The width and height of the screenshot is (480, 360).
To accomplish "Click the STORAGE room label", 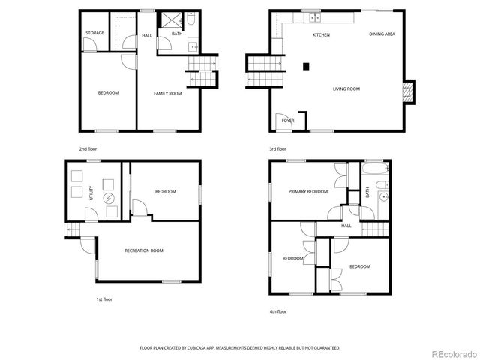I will pos(94,33).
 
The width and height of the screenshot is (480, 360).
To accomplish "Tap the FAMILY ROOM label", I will pos(168,93).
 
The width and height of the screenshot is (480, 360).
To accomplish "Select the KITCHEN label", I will pos(321,35).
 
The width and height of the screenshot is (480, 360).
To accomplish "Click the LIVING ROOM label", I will pos(346,88).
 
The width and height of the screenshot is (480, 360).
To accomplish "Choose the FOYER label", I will pos(287,120).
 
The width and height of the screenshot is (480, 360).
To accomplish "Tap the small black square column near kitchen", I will pos(306,66).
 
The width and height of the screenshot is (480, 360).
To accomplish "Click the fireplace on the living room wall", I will pos(408,91).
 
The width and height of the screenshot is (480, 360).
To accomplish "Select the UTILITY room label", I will pos(92,193).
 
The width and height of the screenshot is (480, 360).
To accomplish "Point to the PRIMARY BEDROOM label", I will pos(308,192).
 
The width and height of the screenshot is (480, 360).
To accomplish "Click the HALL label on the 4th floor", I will pos(346,226).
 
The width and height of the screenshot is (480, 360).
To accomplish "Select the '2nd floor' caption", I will pos(88,149).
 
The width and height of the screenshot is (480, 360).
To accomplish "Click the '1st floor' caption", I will pos(103,299).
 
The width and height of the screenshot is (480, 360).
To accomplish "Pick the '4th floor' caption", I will pos(278,311).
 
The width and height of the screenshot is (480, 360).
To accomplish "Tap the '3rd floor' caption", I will pos(277,149).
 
